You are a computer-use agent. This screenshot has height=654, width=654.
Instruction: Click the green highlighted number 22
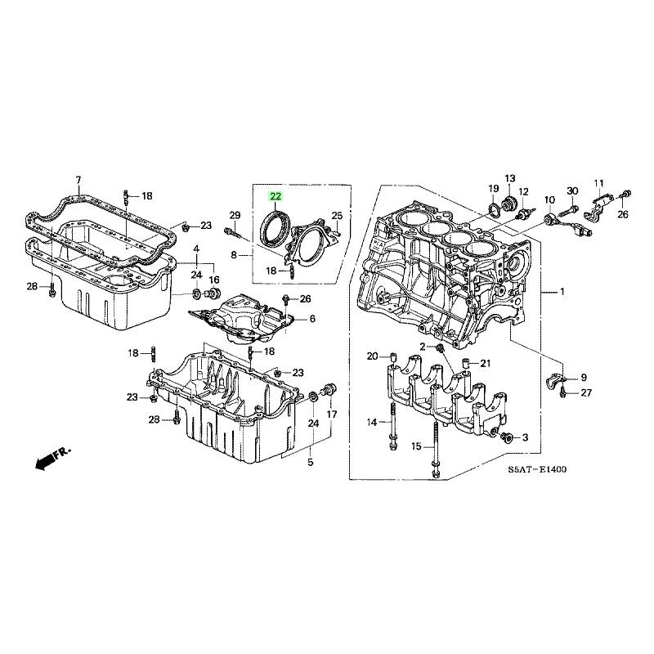[275, 196]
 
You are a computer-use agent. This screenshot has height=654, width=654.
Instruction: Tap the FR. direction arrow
[53, 459]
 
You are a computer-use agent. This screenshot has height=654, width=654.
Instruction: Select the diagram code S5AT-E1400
[537, 469]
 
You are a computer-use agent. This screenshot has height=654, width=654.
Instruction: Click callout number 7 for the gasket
[78, 181]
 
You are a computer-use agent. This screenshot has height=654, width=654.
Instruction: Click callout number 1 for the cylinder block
[562, 292]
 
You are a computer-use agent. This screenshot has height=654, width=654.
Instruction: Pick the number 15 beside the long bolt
[417, 446]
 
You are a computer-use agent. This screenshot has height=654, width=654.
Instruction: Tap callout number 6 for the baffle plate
[312, 319]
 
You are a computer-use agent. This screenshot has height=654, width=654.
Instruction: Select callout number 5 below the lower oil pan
[311, 462]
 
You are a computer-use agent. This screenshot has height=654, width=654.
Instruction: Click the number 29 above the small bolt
[235, 215]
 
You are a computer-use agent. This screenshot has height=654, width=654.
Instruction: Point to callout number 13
[510, 178]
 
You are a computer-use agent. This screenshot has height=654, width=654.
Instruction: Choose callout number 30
[573, 190]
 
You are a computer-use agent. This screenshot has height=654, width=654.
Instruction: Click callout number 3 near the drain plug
[525, 437]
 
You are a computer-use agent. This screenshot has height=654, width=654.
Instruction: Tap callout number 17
[332, 414]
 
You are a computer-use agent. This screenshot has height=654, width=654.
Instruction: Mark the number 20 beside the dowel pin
[373, 356]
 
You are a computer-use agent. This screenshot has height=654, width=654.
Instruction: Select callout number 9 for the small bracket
[584, 378]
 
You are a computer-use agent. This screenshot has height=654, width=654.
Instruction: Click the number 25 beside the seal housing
[337, 216]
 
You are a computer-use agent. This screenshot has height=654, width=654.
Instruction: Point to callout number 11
[599, 183]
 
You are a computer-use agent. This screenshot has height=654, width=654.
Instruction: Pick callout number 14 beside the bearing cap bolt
[372, 423]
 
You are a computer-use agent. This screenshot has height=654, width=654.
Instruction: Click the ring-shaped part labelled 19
[493, 211]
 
